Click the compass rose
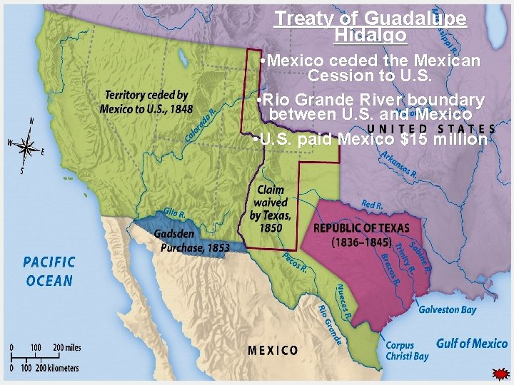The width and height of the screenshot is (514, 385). [27, 146]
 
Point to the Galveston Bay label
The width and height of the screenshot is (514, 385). [447, 309]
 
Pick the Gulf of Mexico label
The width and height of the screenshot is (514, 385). [472, 344]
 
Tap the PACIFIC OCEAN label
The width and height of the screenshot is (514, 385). [49, 271]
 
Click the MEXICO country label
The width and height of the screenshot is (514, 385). [273, 350]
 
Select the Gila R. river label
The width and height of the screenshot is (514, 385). [175, 212]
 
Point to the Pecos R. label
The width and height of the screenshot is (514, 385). [295, 262]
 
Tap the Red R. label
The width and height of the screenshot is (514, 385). [372, 205]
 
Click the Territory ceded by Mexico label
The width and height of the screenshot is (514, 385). [146, 101]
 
